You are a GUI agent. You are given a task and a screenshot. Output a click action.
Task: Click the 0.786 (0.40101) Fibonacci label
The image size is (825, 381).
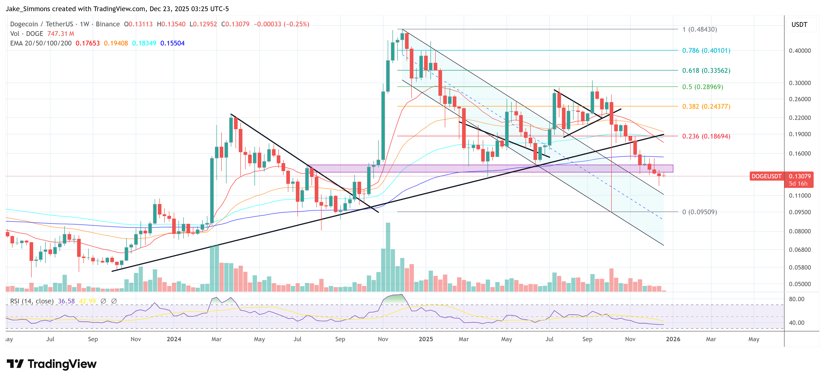[706, 51]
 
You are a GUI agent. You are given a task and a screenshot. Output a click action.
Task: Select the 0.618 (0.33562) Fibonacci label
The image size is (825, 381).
[706, 71]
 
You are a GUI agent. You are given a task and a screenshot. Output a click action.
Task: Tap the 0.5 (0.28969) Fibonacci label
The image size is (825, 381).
[702, 87]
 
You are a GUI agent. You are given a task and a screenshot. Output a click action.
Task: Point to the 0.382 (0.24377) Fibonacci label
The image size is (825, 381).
[706, 106]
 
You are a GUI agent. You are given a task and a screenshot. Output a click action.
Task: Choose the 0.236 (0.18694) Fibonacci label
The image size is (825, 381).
[706, 136]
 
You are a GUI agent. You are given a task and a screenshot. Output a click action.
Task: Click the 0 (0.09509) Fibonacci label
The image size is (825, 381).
[699, 212]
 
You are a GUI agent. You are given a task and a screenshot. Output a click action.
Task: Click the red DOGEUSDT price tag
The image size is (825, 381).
[766, 176]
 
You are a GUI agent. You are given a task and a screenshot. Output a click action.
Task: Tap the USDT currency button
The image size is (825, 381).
[799, 25]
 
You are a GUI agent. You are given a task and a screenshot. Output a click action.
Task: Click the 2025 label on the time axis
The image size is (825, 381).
[426, 339]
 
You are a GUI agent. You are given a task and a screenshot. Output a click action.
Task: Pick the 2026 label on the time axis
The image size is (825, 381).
[673, 339]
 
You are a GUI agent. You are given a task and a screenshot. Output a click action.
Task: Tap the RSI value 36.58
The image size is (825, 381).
[66, 301]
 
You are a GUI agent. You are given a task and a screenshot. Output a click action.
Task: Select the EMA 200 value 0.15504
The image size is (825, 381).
[172, 43]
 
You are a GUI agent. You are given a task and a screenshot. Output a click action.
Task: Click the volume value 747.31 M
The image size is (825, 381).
[60, 34]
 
